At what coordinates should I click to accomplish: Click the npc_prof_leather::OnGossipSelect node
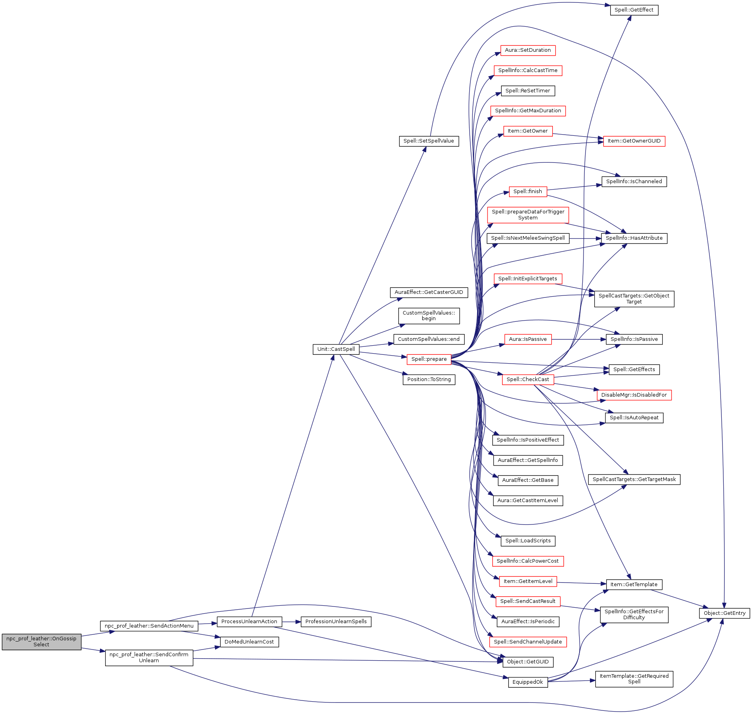(41, 642)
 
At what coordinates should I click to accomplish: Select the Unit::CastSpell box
(336, 349)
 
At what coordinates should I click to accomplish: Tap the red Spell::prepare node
(429, 359)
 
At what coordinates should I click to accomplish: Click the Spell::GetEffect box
(634, 10)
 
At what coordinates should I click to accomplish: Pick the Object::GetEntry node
(724, 613)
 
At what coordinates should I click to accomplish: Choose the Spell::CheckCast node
(527, 379)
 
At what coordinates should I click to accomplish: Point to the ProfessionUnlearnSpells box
(336, 622)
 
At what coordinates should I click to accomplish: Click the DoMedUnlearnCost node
(249, 642)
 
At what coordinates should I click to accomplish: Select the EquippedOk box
(527, 682)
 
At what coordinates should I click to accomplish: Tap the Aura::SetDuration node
(527, 50)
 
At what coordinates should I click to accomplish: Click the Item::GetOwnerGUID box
(634, 141)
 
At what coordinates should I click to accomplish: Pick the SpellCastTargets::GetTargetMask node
(634, 479)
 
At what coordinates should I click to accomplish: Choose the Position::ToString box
(429, 379)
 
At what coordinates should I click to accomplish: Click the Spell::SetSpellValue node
(429, 141)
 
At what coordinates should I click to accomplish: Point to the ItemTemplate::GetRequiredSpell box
(634, 679)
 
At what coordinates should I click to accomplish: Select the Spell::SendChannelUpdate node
(527, 642)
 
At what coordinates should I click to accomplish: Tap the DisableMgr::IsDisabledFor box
(634, 395)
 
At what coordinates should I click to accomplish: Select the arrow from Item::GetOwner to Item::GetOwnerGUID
(578, 136)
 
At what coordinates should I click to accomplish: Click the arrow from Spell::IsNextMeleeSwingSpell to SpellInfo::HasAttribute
(585, 239)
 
